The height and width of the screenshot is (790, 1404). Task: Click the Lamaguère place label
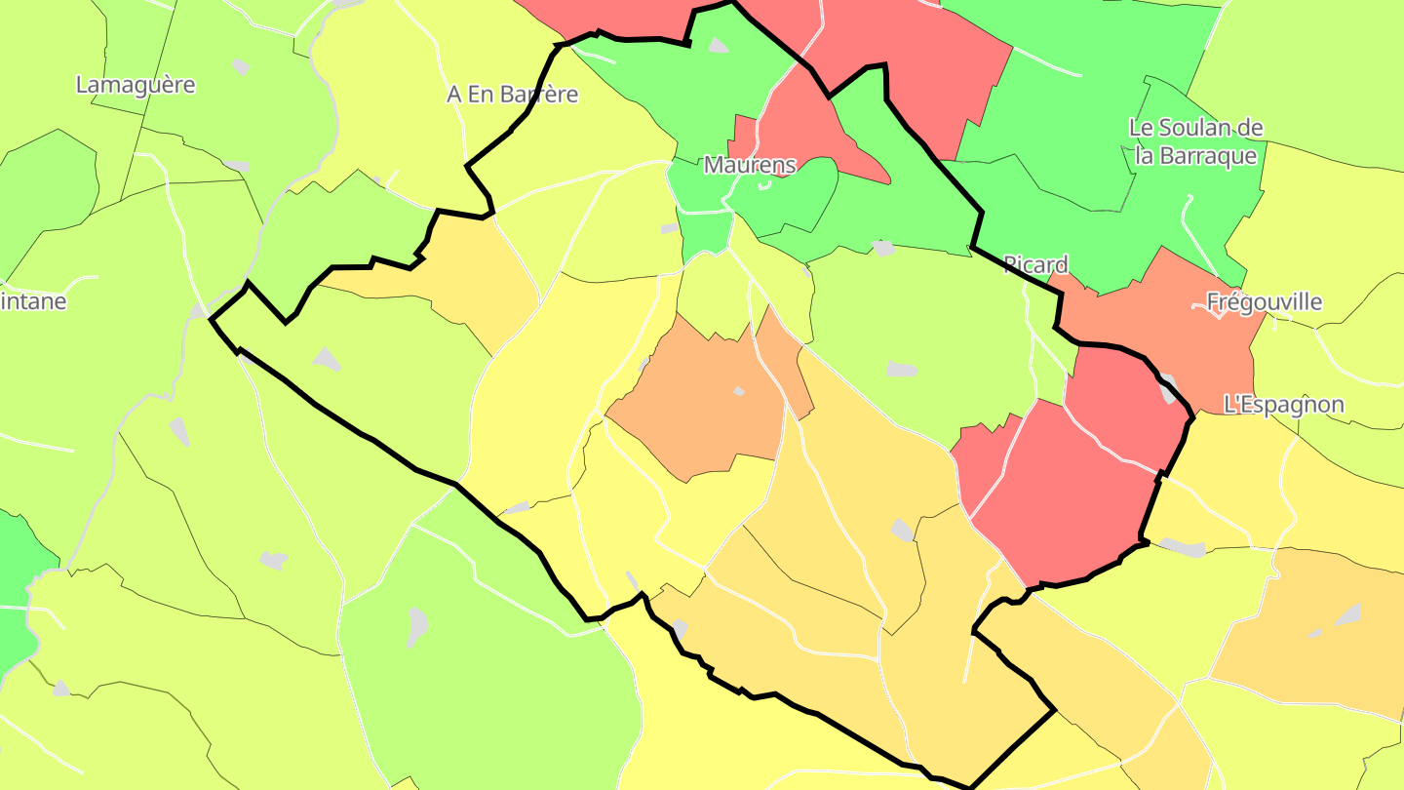click(x=136, y=85)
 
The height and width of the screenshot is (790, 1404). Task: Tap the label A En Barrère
click(x=512, y=95)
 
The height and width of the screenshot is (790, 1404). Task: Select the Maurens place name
click(x=750, y=166)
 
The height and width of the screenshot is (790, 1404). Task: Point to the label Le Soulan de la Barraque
click(x=1196, y=141)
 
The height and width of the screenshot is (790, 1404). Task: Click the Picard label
click(x=1035, y=264)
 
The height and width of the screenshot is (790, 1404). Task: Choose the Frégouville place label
click(x=1264, y=302)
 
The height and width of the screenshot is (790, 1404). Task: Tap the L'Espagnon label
click(x=1283, y=405)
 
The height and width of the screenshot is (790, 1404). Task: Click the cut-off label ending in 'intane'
click(x=33, y=301)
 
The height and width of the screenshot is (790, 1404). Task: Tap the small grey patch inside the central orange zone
click(x=739, y=391)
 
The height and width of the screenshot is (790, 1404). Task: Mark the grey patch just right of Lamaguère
click(x=241, y=66)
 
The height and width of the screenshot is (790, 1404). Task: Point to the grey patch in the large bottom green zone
click(x=417, y=625)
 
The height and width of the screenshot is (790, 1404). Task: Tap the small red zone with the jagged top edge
click(x=980, y=458)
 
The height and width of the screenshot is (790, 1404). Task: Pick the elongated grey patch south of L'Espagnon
click(x=1183, y=547)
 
